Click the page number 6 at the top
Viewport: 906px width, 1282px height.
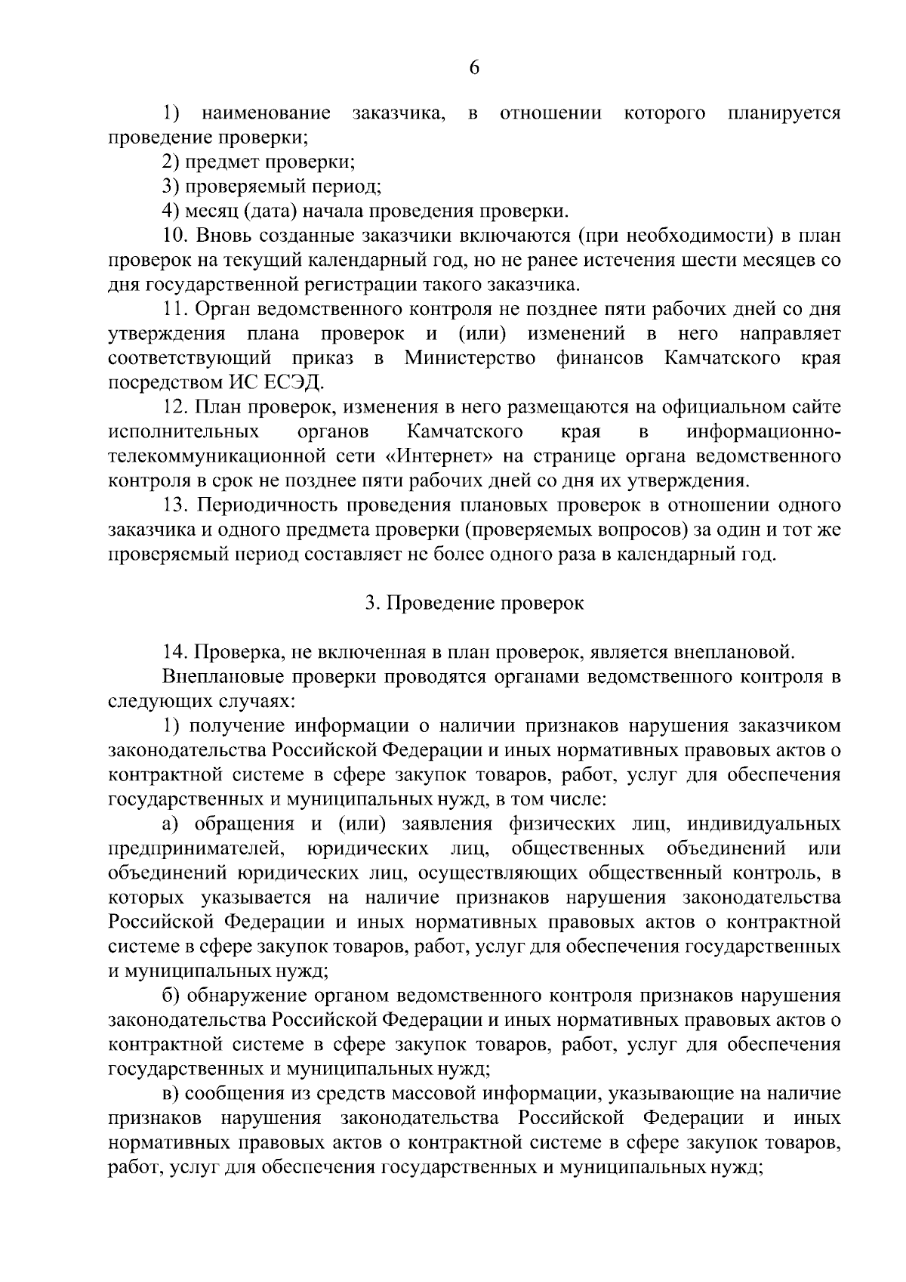[x=473, y=67]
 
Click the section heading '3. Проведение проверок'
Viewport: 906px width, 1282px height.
[x=474, y=603]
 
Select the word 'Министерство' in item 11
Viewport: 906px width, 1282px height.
[x=470, y=358]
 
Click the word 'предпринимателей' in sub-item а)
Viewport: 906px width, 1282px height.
[x=196, y=848]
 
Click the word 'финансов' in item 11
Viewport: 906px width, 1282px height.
[x=599, y=358]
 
